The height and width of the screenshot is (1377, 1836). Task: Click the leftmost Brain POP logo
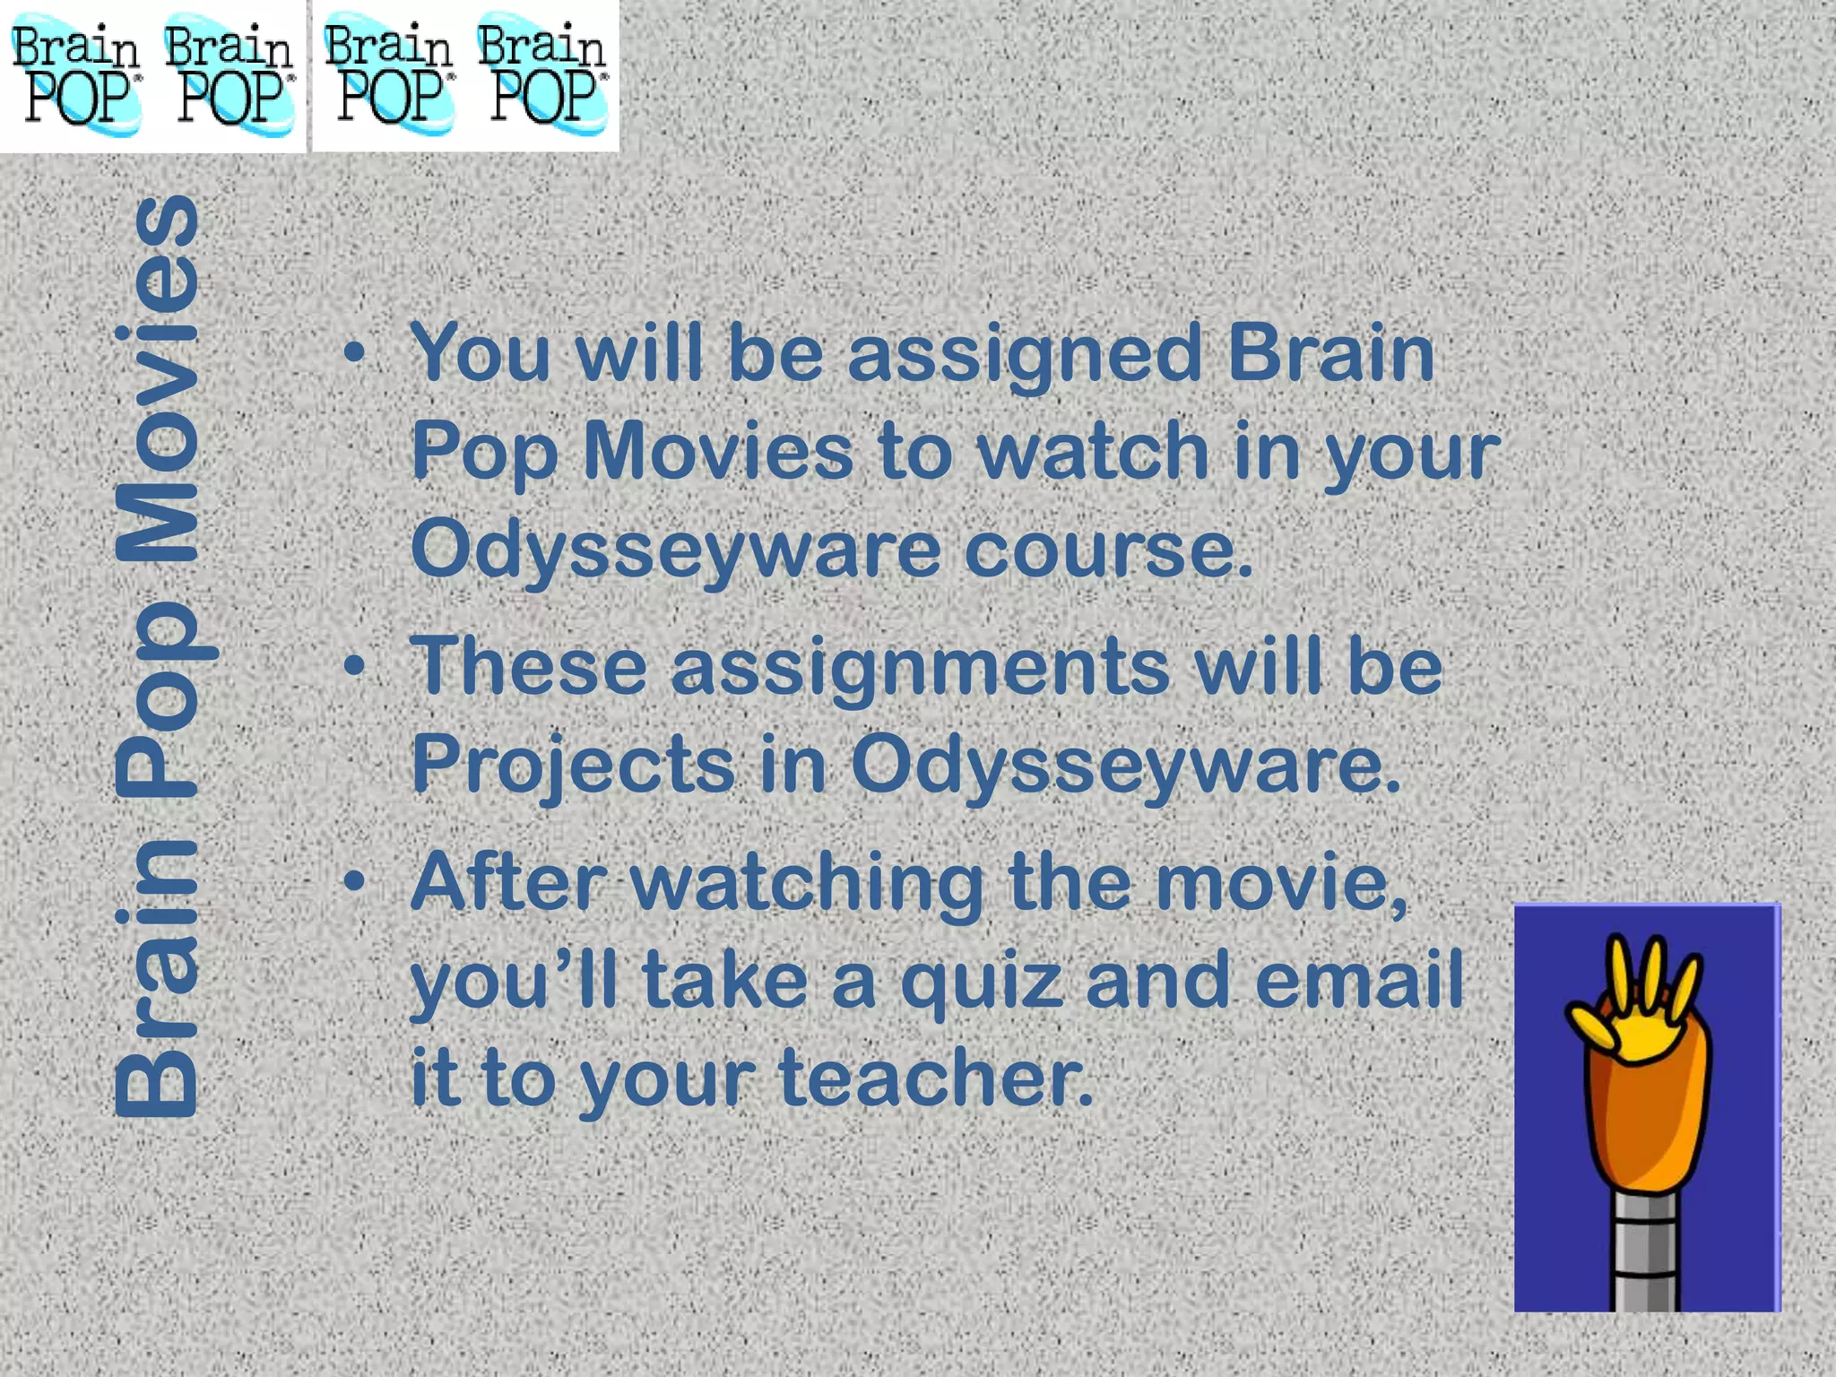76,76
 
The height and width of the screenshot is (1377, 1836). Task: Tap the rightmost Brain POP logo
541,76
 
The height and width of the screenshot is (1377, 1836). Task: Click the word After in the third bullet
502,882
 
